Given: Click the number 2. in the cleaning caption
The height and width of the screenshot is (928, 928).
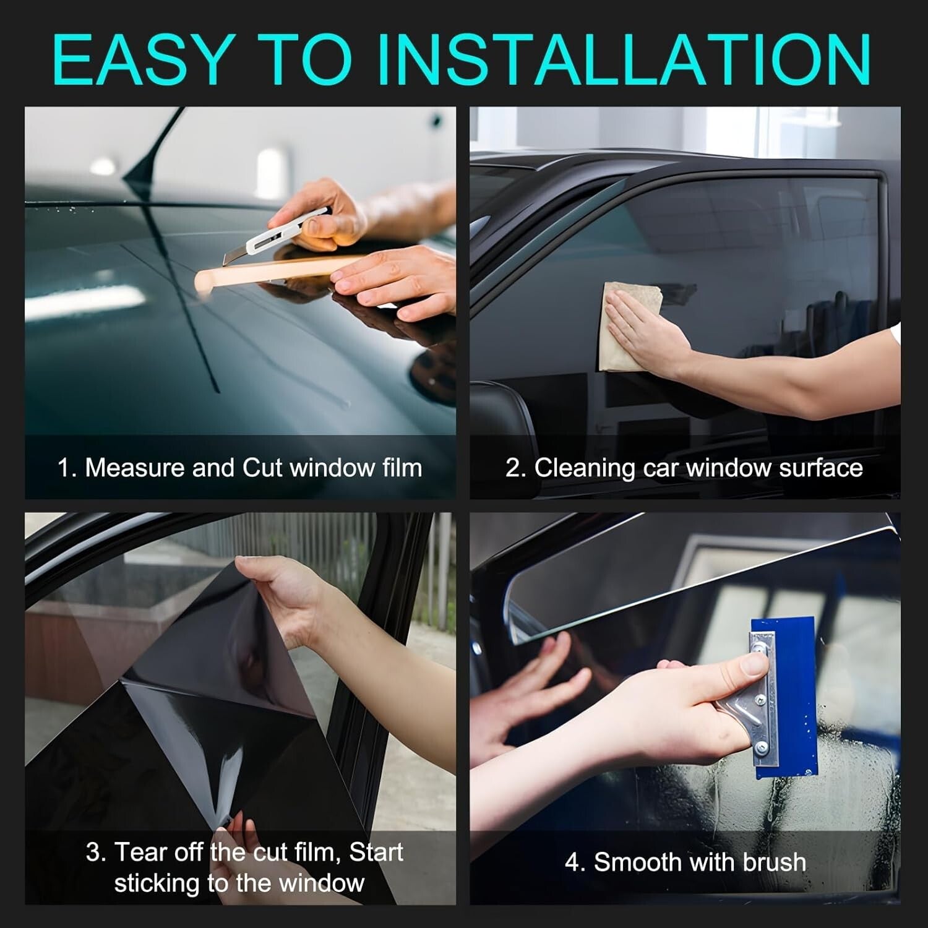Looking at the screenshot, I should tap(515, 468).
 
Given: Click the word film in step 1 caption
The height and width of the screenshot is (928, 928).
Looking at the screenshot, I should tap(402, 468).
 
